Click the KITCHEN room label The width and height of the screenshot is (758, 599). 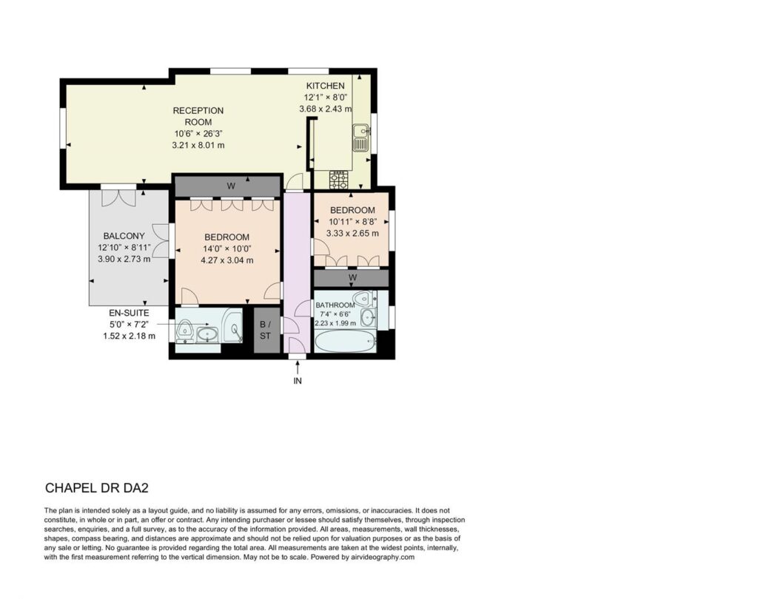pos(326,86)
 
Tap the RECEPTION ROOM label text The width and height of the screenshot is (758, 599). pos(198,116)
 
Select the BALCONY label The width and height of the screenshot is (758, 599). pos(124,236)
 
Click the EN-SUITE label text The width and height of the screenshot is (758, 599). pos(129,313)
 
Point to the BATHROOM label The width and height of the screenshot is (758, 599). pos(335,305)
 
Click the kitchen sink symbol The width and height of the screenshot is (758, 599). pos(360,138)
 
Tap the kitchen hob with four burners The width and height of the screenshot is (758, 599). pos(338,180)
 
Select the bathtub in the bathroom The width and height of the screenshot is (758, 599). pos(345,342)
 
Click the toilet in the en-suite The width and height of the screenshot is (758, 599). pos(184,331)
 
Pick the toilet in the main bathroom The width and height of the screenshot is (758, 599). pos(363,299)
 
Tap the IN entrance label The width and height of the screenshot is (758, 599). pos(298,381)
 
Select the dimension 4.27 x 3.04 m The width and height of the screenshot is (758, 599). pos(227,260)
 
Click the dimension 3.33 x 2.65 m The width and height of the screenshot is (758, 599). pos(352,234)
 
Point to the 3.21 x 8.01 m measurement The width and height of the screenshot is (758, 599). pos(198,145)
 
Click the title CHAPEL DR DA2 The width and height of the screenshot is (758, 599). pos(97,488)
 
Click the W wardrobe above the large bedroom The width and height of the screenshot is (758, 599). pos(231,186)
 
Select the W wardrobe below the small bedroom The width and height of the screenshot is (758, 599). pos(353,277)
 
